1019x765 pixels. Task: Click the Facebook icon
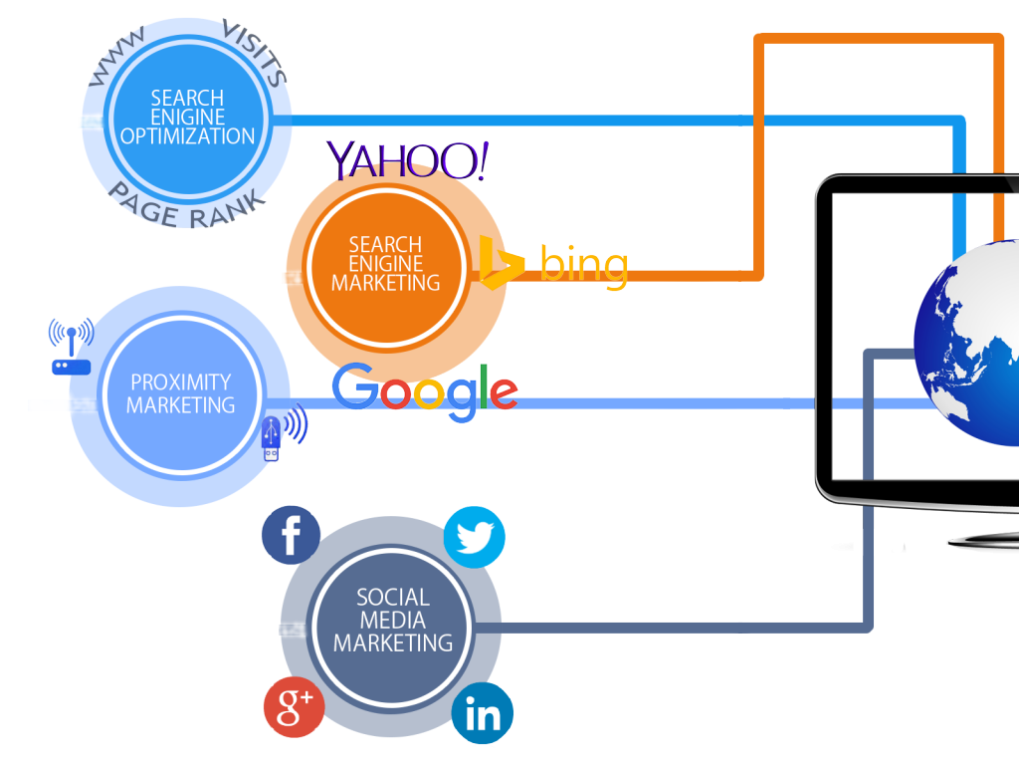291,536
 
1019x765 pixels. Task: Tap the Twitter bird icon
474,537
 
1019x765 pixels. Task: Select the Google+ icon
295,706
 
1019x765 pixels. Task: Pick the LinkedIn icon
483,714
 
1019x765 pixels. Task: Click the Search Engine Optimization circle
187,117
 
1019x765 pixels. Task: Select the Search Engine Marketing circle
385,264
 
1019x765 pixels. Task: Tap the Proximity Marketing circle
180,393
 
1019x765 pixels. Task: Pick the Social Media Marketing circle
392,620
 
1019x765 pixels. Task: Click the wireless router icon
71,348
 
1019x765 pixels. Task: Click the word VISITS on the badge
258,52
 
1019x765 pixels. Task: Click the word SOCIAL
393,598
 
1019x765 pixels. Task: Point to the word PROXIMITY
180,382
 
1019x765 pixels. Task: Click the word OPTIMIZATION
187,135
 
